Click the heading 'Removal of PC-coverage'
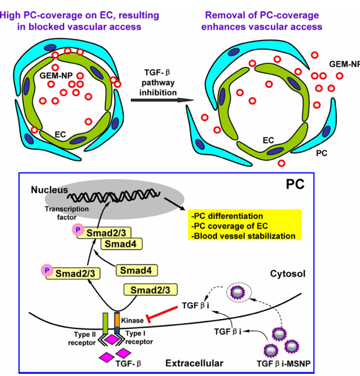click(264, 15)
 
